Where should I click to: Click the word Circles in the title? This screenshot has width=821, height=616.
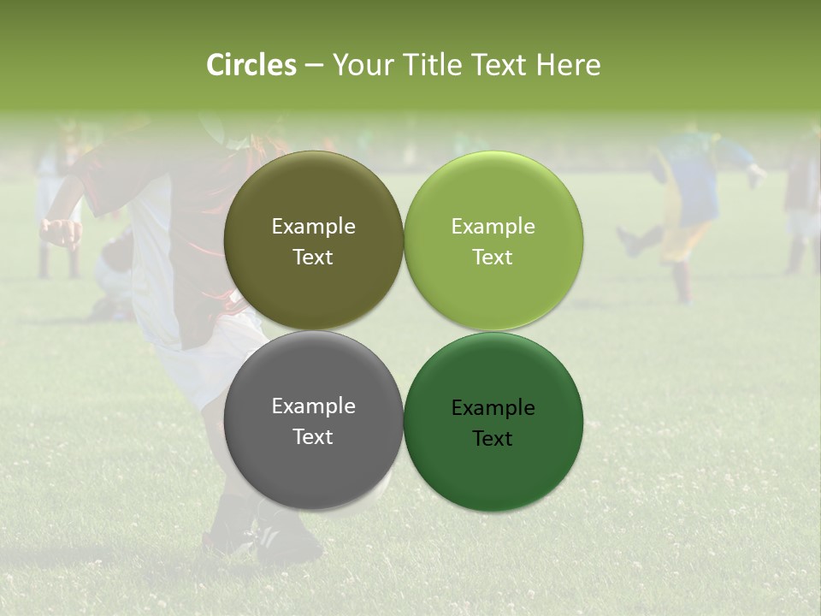point(251,65)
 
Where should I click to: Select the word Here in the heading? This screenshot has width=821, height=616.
point(568,65)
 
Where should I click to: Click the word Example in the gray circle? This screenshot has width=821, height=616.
point(313,406)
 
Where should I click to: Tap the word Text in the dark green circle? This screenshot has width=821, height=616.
point(493,439)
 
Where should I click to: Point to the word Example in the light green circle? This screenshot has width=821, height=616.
point(493,227)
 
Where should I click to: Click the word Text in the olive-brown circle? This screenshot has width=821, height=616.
point(313,258)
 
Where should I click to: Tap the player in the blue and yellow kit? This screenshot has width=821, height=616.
point(688,197)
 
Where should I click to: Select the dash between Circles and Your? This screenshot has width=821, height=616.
point(314,66)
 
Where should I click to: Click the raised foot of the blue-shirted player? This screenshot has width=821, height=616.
point(629,242)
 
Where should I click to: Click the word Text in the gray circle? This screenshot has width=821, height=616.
point(313,437)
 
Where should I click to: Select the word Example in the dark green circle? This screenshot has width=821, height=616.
point(493,408)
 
